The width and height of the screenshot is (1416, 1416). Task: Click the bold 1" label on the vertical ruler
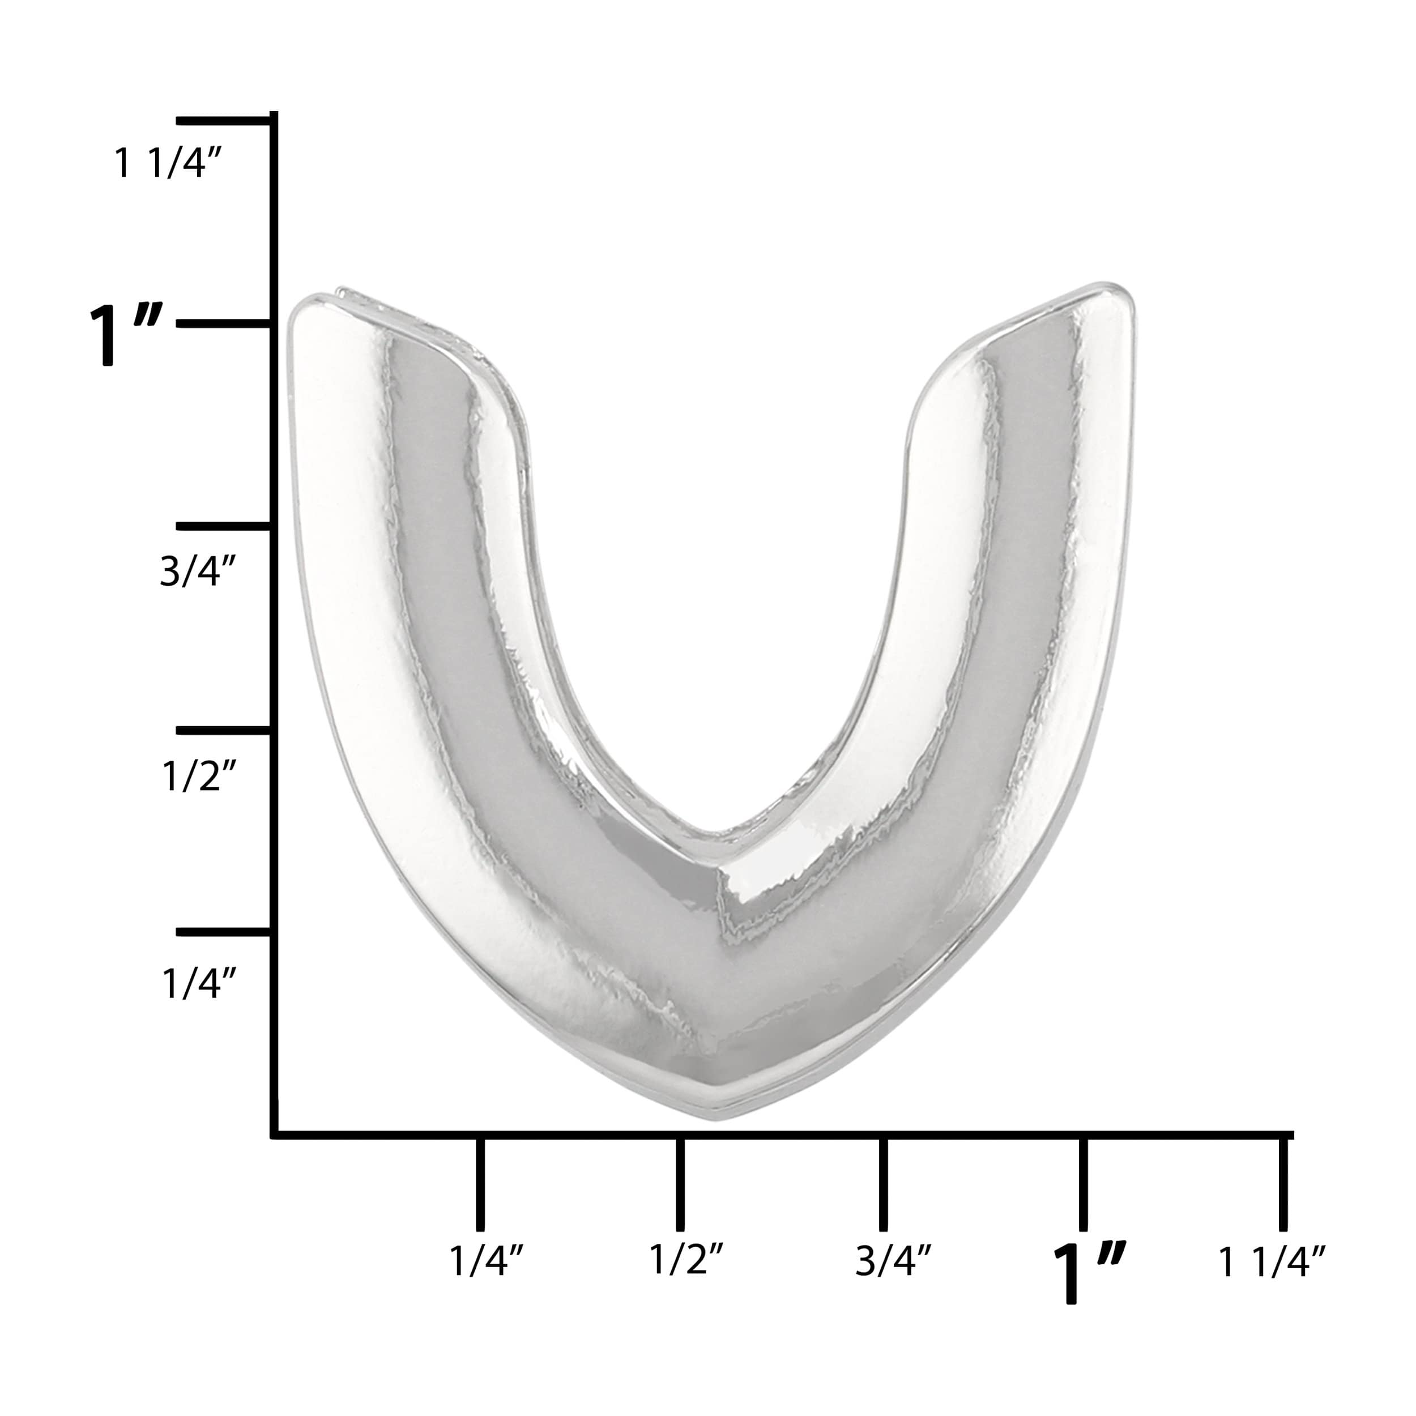(125, 334)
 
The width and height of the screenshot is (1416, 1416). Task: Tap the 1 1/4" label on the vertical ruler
(168, 163)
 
